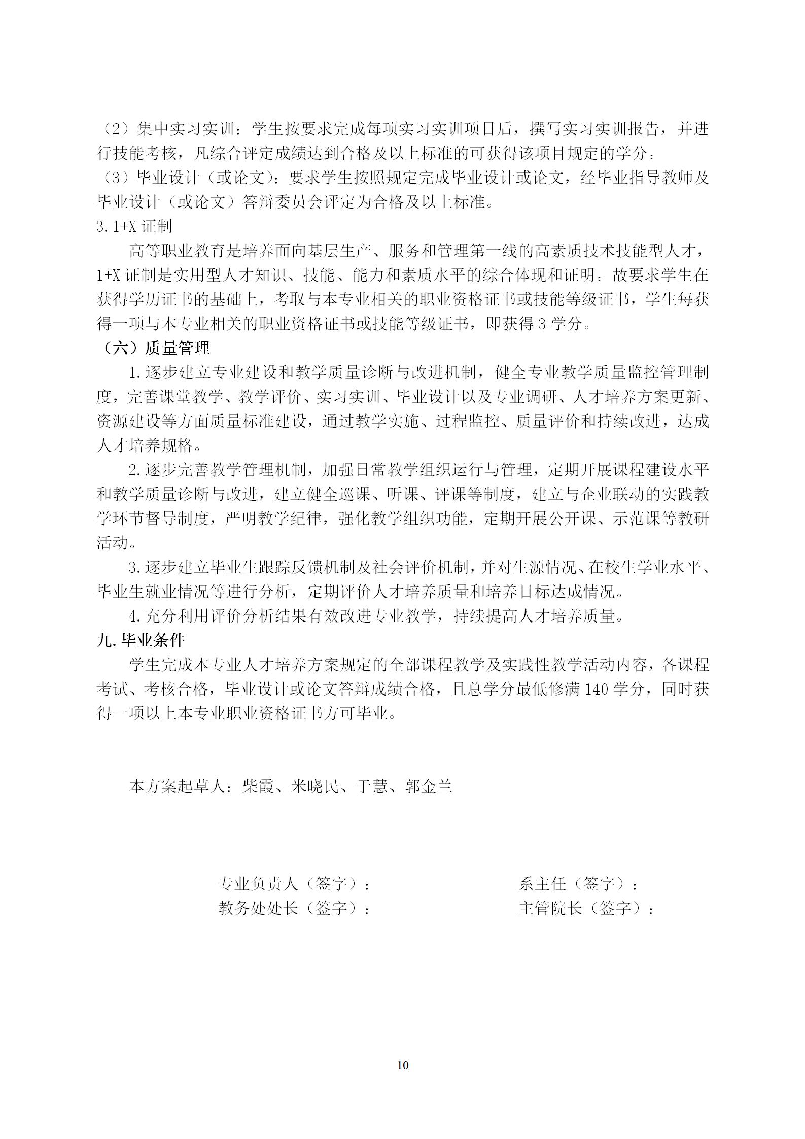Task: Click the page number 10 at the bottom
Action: click(x=402, y=1065)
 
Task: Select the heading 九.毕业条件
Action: click(x=141, y=640)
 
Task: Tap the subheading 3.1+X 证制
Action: click(x=134, y=226)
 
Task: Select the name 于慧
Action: click(x=372, y=786)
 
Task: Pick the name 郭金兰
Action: click(x=429, y=786)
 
